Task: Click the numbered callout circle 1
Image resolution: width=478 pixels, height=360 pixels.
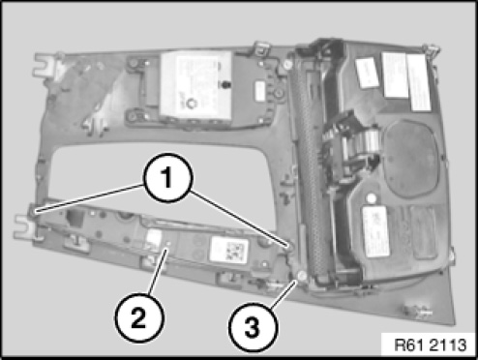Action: pos(167,178)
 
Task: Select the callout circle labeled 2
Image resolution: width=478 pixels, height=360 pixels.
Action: pos(139,317)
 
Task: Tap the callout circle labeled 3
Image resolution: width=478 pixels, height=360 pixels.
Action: pos(253,327)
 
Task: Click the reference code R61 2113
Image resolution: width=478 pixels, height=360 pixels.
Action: pos(431,345)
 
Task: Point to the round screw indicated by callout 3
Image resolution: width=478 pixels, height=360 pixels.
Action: pos(302,276)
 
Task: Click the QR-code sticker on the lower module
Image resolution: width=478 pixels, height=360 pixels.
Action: pos(229,250)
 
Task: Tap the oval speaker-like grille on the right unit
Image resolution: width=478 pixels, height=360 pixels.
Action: pos(411,158)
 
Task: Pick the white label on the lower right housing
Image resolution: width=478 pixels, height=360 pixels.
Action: pos(375,231)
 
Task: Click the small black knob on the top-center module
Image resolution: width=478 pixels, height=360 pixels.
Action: pos(224,84)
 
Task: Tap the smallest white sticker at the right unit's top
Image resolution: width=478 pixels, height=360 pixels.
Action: pos(368,73)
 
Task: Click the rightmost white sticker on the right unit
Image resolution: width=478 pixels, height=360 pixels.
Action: pos(419,83)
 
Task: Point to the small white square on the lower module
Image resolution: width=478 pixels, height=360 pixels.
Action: pos(154,236)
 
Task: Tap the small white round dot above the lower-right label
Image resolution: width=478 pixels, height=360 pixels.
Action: pos(372,198)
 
